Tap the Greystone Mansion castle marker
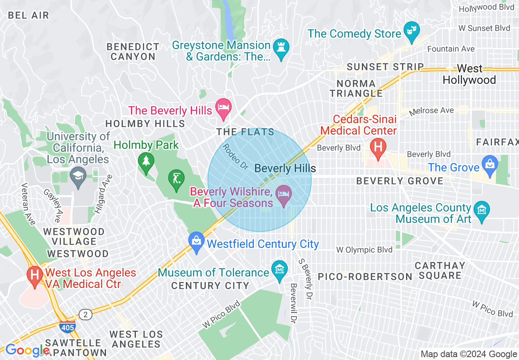281,47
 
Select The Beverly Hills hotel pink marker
223,108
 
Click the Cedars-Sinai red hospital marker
377,147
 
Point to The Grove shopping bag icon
490,165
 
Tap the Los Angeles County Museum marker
482,210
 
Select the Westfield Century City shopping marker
196,241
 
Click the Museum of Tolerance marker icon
280,270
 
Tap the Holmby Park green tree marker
146,161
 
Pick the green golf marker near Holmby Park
176,179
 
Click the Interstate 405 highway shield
67,327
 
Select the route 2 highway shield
86,315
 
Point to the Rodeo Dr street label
236,156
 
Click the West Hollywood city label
469,74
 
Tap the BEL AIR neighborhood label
28,16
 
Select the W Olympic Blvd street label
364,250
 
